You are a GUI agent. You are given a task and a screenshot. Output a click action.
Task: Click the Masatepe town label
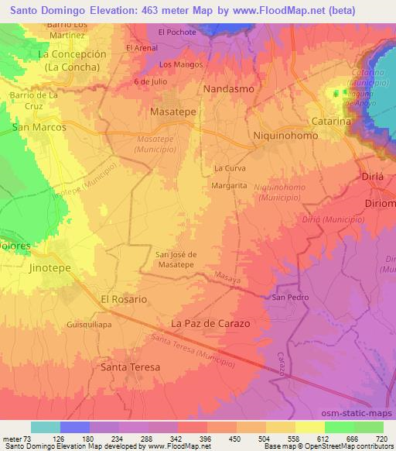click(172, 113)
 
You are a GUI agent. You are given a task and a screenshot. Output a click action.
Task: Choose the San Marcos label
click(38, 126)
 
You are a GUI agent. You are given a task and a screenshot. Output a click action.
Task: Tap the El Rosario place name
click(124, 298)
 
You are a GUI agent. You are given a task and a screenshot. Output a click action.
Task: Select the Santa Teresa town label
click(130, 367)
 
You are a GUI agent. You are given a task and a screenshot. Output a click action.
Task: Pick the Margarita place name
click(229, 186)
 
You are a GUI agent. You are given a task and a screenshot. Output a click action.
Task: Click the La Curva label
click(229, 167)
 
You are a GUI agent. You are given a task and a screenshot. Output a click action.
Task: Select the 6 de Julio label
click(149, 81)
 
